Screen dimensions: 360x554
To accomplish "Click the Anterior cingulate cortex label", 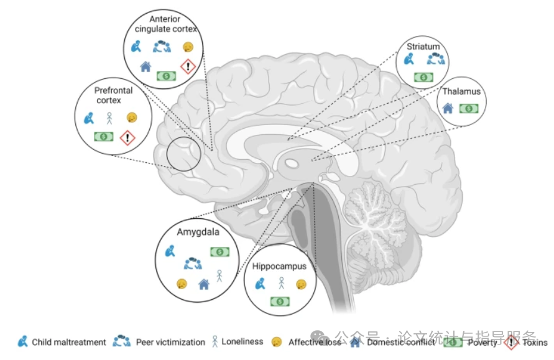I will coord(165,24).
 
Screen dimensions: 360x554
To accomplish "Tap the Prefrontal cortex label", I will coord(114,95).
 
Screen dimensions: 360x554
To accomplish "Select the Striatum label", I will coord(423,46).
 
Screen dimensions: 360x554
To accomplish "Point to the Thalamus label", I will coord(461,91).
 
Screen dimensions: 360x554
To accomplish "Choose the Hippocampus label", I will coord(280,267).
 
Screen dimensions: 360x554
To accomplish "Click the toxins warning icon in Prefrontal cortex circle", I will coord(127,137).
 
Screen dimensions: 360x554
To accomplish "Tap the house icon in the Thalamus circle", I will coord(448,108).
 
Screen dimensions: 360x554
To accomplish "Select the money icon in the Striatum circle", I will coord(423,77).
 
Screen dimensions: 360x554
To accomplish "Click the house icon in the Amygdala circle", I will coord(203,284).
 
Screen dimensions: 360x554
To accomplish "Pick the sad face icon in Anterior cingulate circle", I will coord(187,47).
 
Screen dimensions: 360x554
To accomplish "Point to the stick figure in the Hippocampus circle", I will coord(280,284).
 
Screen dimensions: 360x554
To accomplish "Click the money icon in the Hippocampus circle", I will coord(280,302).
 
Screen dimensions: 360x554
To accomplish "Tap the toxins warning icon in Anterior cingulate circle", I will coord(187,67).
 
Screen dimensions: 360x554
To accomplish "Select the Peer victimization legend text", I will coord(170,343).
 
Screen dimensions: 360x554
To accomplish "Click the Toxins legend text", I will coord(535,343).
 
